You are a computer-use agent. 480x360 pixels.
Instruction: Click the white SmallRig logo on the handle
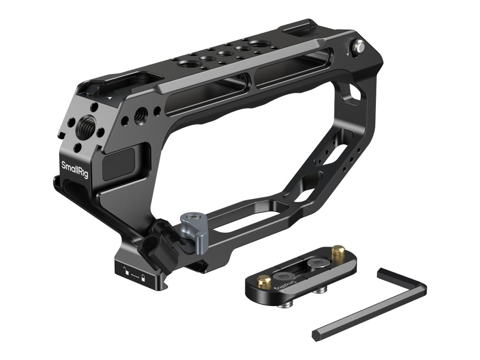pos(75,169)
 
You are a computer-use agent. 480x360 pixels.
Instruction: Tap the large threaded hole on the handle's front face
pos(87,123)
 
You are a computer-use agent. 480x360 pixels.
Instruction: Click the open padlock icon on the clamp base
pos(127,270)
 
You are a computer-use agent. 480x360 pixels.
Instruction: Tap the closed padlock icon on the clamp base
pos(142,278)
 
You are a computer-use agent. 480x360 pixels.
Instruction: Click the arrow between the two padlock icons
pos(135,275)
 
